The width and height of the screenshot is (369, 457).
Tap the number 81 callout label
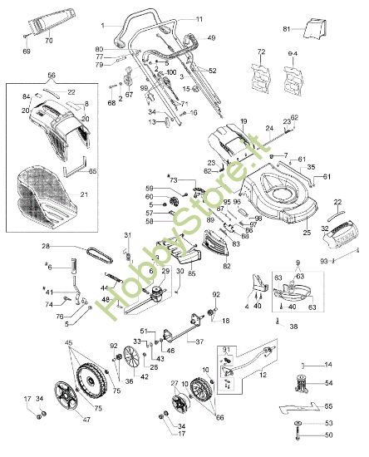coord(287,30)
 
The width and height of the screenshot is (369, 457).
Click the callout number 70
coord(47,39)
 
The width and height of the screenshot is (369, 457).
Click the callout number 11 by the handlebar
coord(199,18)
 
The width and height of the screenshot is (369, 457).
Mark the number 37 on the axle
coord(199,341)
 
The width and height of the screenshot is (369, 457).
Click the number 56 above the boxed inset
coord(52,75)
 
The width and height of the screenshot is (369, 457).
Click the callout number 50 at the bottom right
coord(327,435)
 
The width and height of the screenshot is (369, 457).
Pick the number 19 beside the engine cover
coord(244,121)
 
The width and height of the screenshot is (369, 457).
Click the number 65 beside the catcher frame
coord(93,170)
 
